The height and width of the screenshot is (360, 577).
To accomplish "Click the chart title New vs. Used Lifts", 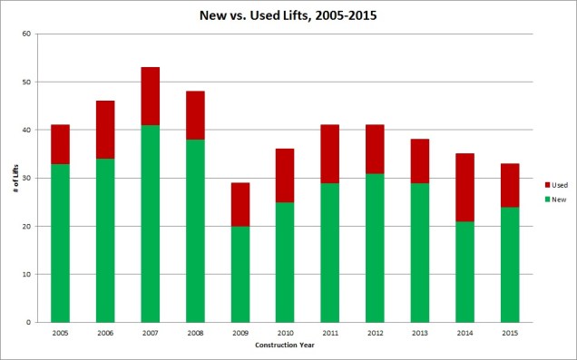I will [288, 15].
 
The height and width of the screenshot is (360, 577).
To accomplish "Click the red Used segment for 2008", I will [195, 115].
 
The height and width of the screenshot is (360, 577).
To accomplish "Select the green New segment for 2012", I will [375, 248].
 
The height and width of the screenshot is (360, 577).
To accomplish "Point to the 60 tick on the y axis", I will [27, 34].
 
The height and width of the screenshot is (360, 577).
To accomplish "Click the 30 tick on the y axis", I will [27, 178].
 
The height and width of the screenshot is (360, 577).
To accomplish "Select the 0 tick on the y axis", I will [30, 322].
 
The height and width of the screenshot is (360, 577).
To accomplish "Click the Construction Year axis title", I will [285, 345].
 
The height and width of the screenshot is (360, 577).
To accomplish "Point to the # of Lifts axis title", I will [13, 178].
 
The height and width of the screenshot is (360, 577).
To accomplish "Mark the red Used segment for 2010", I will [285, 175].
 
